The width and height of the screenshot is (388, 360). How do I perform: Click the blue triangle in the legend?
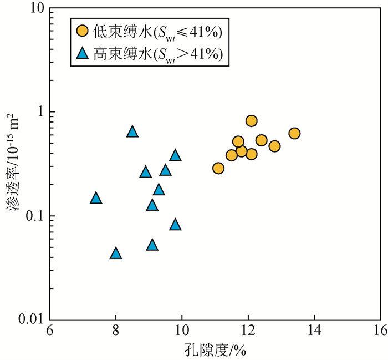tap(82, 54)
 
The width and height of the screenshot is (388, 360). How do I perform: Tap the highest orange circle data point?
tap(251, 121)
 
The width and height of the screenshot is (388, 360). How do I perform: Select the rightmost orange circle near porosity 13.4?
tap(294, 133)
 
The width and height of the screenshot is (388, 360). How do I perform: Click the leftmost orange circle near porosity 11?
tap(218, 168)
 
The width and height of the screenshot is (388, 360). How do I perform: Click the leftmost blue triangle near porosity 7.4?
tap(96, 198)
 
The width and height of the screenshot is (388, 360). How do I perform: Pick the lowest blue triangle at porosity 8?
tap(115, 253)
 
